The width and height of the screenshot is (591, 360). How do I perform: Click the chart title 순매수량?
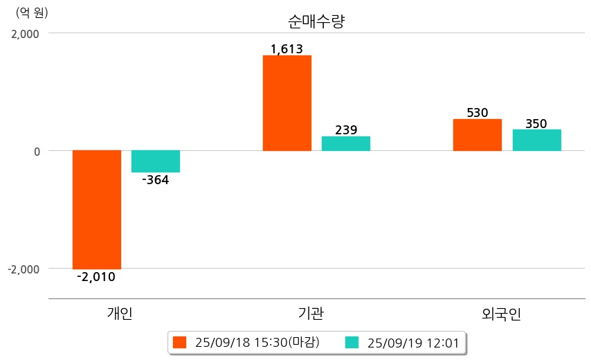(316, 21)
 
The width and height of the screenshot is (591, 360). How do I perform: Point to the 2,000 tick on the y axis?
(25, 33)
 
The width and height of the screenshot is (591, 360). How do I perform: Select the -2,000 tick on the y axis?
(23, 269)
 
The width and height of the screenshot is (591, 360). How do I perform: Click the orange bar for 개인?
(97, 209)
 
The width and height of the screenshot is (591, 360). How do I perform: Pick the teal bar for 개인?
(156, 161)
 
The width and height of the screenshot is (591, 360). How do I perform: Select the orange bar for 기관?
(287, 103)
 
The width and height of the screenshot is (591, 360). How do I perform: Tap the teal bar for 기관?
(346, 143)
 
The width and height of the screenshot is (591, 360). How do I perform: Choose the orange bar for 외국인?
(478, 135)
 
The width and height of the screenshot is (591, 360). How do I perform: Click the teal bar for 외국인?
(536, 140)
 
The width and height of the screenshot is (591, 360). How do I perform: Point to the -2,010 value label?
(96, 278)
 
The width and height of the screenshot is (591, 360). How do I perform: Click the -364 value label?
(155, 181)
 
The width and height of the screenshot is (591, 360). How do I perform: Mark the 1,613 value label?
(287, 48)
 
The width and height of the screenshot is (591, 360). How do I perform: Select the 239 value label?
(346, 129)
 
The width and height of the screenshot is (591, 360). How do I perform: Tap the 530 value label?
(478, 112)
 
